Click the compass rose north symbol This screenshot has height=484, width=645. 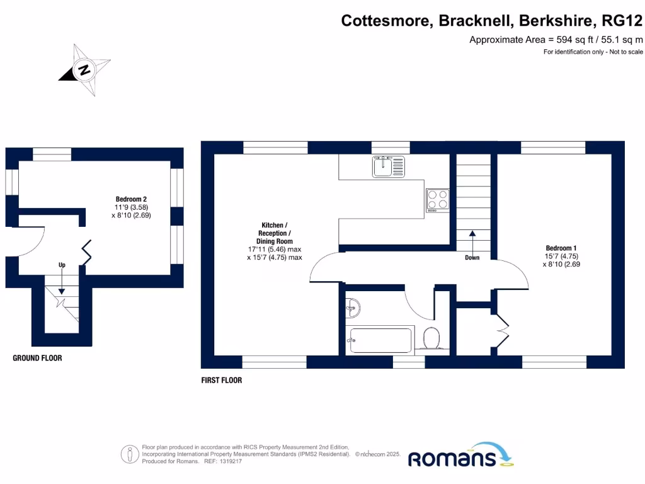point(84,69)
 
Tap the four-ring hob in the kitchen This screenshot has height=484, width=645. point(438,200)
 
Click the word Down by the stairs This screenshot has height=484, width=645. point(472,257)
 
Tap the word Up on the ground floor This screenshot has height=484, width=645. point(62,265)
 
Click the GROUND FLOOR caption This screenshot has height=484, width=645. point(38,358)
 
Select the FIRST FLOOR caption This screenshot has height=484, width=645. point(222,380)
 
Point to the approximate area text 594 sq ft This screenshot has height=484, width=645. point(556,40)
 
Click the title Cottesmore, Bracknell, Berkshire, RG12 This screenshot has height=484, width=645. point(492,20)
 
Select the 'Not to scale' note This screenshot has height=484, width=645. point(624,52)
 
